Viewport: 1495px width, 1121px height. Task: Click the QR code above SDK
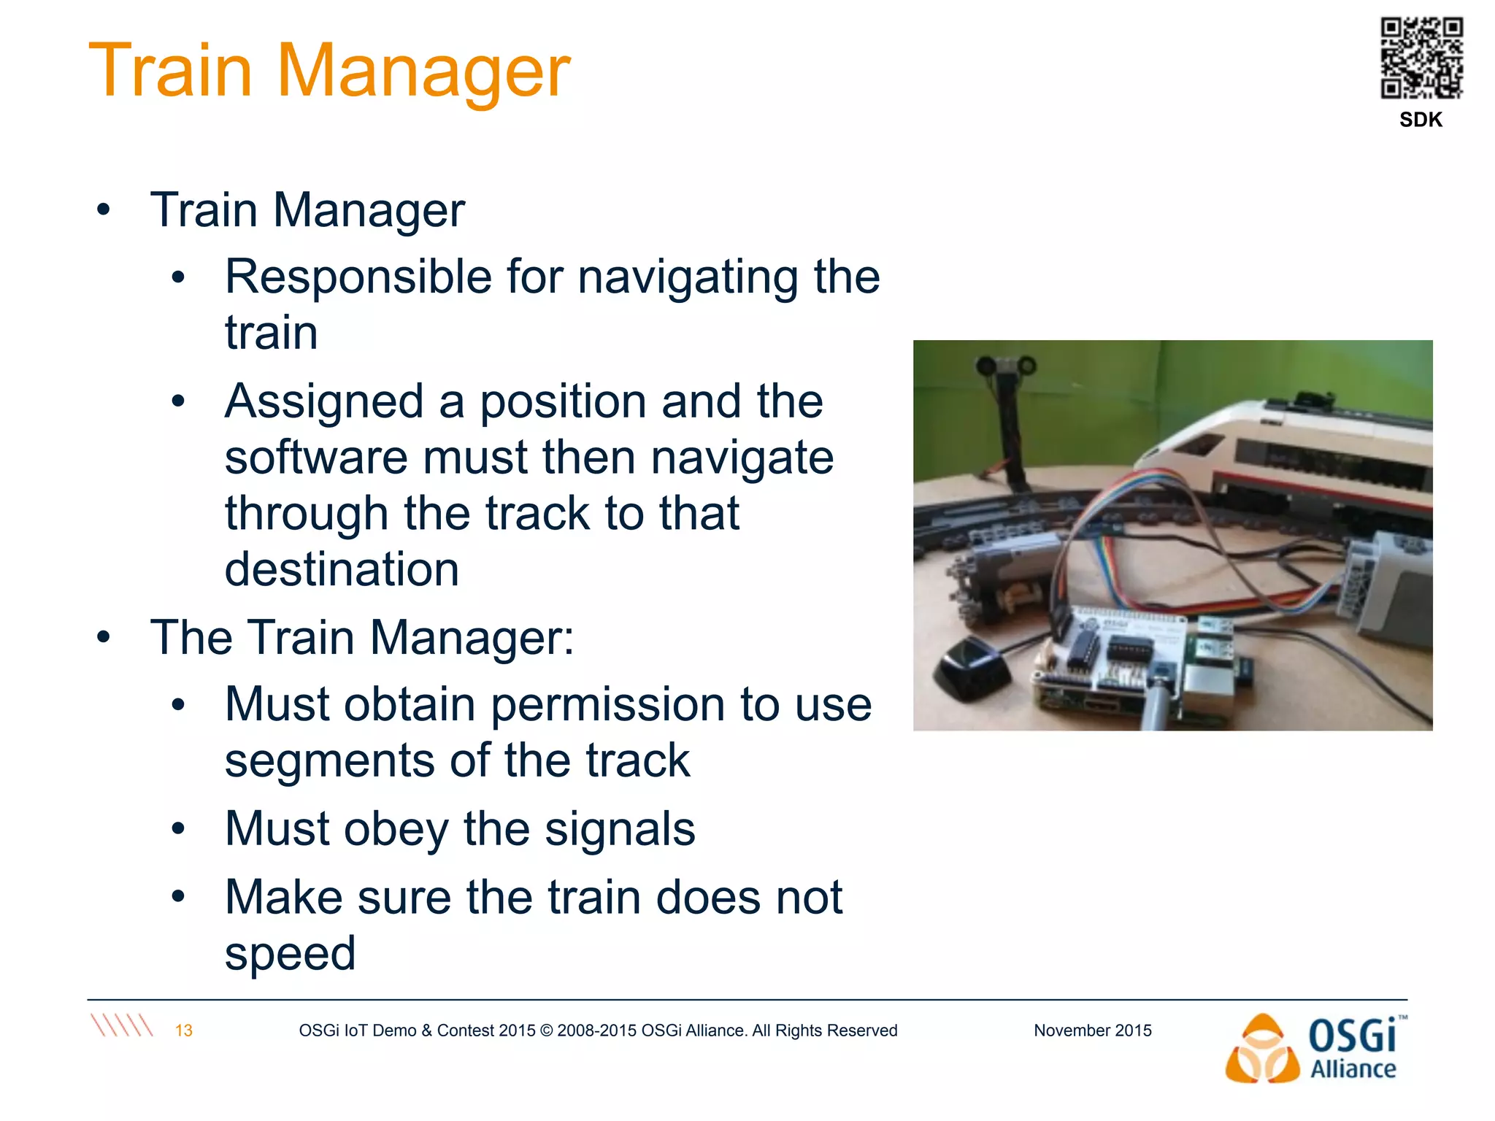coord(1421,58)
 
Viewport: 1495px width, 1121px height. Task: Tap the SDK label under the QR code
coord(1421,120)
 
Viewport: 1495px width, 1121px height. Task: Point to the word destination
coord(342,569)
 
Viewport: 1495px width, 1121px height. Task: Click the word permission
coord(608,705)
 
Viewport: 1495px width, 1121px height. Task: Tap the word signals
coord(620,829)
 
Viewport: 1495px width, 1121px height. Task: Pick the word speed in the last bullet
coord(290,953)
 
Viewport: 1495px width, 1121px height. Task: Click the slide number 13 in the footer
coord(183,1031)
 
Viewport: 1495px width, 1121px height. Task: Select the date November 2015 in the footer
coord(1092,1031)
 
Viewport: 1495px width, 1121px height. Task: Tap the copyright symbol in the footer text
coord(547,1031)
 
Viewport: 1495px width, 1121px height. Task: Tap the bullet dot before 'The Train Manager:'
coord(104,638)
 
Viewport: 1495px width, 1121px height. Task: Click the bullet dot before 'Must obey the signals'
coord(178,830)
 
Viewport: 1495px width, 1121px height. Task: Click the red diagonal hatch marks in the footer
coord(122,1025)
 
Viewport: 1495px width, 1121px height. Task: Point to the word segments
coord(329,761)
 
